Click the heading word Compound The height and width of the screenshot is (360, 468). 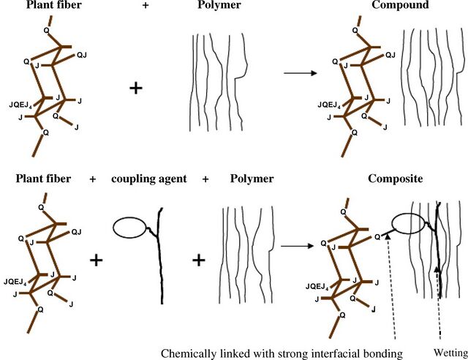click(x=400, y=5)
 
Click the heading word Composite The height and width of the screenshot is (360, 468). click(x=395, y=179)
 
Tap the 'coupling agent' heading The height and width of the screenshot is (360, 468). click(x=149, y=179)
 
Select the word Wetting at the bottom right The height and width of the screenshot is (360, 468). click(x=450, y=353)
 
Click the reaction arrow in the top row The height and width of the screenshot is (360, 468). click(x=300, y=73)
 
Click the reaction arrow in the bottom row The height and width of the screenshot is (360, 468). click(x=298, y=246)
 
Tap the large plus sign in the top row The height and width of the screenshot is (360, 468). click(x=136, y=89)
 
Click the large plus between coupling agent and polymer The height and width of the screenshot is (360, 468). click(x=199, y=260)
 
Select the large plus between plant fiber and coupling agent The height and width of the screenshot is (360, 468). click(x=96, y=260)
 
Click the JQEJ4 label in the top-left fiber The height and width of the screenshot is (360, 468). click(x=20, y=105)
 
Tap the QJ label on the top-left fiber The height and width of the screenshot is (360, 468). click(x=82, y=55)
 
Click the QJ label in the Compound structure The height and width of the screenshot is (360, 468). click(x=390, y=55)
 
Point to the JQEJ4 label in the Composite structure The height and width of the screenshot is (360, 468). click(x=317, y=287)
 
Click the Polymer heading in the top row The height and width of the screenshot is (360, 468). click(x=219, y=5)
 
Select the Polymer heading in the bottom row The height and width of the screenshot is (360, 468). click(x=252, y=179)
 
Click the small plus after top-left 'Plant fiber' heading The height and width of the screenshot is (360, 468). click(x=146, y=5)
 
